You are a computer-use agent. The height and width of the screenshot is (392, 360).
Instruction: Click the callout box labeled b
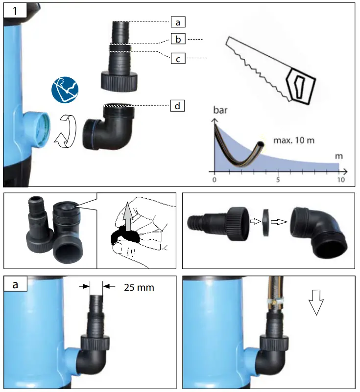coord(178,39)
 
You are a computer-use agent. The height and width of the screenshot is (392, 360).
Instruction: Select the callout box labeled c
coord(178,59)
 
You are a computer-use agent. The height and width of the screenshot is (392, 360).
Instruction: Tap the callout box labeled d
coord(178,106)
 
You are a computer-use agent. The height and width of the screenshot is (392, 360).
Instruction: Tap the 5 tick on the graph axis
coord(278,180)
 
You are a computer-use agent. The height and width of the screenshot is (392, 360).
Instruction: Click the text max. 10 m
coord(294,140)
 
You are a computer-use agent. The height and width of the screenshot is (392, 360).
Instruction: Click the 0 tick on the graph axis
coord(214,180)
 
